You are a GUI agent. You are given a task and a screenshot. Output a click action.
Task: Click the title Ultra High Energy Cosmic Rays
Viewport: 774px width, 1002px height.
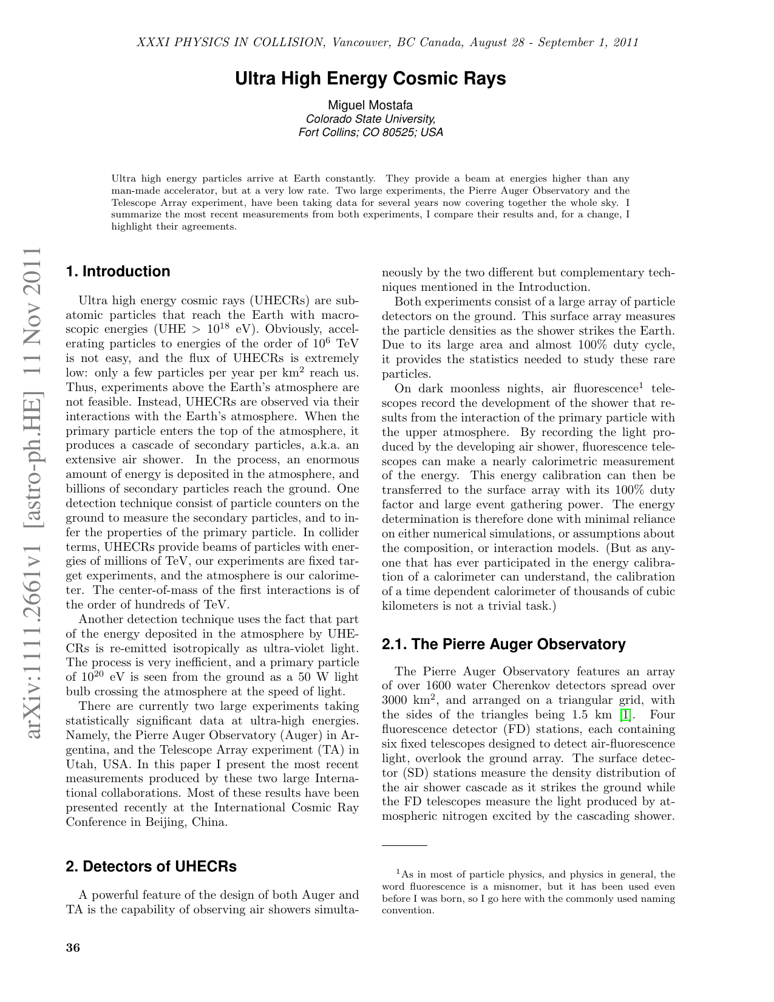(370, 79)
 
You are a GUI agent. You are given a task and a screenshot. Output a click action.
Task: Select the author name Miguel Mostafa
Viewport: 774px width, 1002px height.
(370, 106)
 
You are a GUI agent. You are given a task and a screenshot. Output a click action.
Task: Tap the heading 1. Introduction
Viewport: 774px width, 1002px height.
(118, 271)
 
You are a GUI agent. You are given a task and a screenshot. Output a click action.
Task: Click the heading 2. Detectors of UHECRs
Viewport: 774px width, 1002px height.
(151, 866)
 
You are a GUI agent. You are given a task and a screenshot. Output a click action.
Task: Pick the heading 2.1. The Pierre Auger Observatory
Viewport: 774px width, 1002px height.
(503, 644)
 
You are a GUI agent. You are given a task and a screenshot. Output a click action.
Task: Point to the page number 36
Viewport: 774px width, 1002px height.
(73, 949)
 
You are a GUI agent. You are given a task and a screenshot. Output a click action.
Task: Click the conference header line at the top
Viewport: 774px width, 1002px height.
(387, 43)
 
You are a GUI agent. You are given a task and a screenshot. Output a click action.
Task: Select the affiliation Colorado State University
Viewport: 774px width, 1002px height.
(370, 119)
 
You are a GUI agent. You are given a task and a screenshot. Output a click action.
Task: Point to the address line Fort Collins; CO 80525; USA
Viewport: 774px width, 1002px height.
(370, 132)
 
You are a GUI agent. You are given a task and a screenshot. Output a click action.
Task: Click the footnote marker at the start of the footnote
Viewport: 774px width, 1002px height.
(398, 873)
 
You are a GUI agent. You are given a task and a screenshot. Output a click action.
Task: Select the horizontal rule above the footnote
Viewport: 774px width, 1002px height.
(404, 845)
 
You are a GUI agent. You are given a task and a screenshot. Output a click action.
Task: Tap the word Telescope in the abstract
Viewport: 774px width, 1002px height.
(131, 202)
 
